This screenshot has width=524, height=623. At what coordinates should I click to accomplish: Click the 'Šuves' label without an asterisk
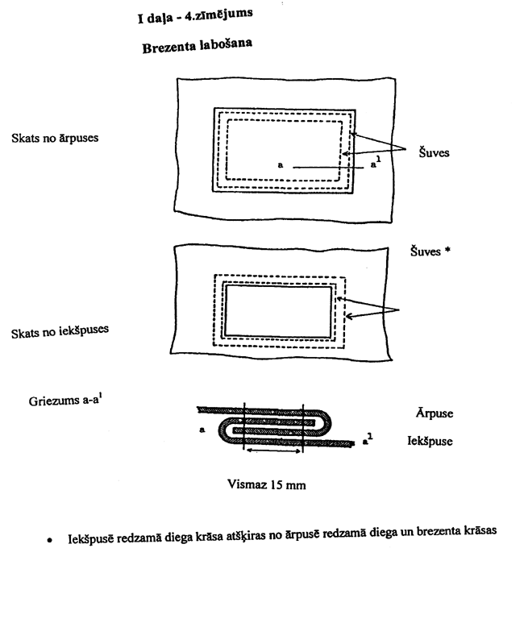(434, 152)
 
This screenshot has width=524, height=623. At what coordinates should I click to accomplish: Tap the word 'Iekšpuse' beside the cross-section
(435, 442)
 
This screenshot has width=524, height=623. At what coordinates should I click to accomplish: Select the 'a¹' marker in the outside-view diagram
(375, 167)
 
